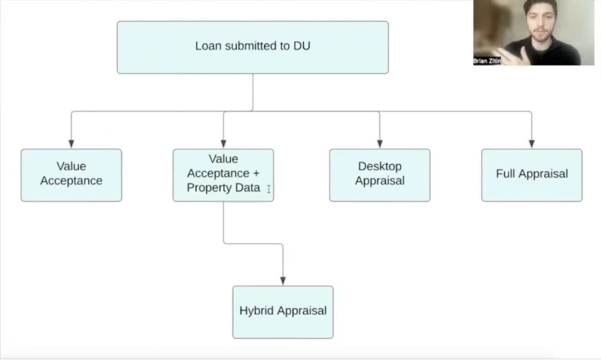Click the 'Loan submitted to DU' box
tap(252, 47)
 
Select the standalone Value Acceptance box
tap(71, 175)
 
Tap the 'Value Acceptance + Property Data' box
tap(223, 175)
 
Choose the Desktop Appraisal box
tap(379, 175)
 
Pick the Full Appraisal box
tap(532, 175)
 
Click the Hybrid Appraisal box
tap(283, 312)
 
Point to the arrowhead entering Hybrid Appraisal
tap(283, 281)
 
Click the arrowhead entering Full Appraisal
tap(532, 144)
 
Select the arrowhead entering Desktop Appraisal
tap(379, 144)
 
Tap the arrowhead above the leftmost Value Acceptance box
tap(71, 144)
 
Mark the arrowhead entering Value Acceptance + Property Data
tap(223, 144)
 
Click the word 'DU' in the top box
tap(302, 46)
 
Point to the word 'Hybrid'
tap(257, 311)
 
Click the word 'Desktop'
tap(380, 166)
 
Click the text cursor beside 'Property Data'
tap(269, 189)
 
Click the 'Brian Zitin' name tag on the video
tap(487, 61)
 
